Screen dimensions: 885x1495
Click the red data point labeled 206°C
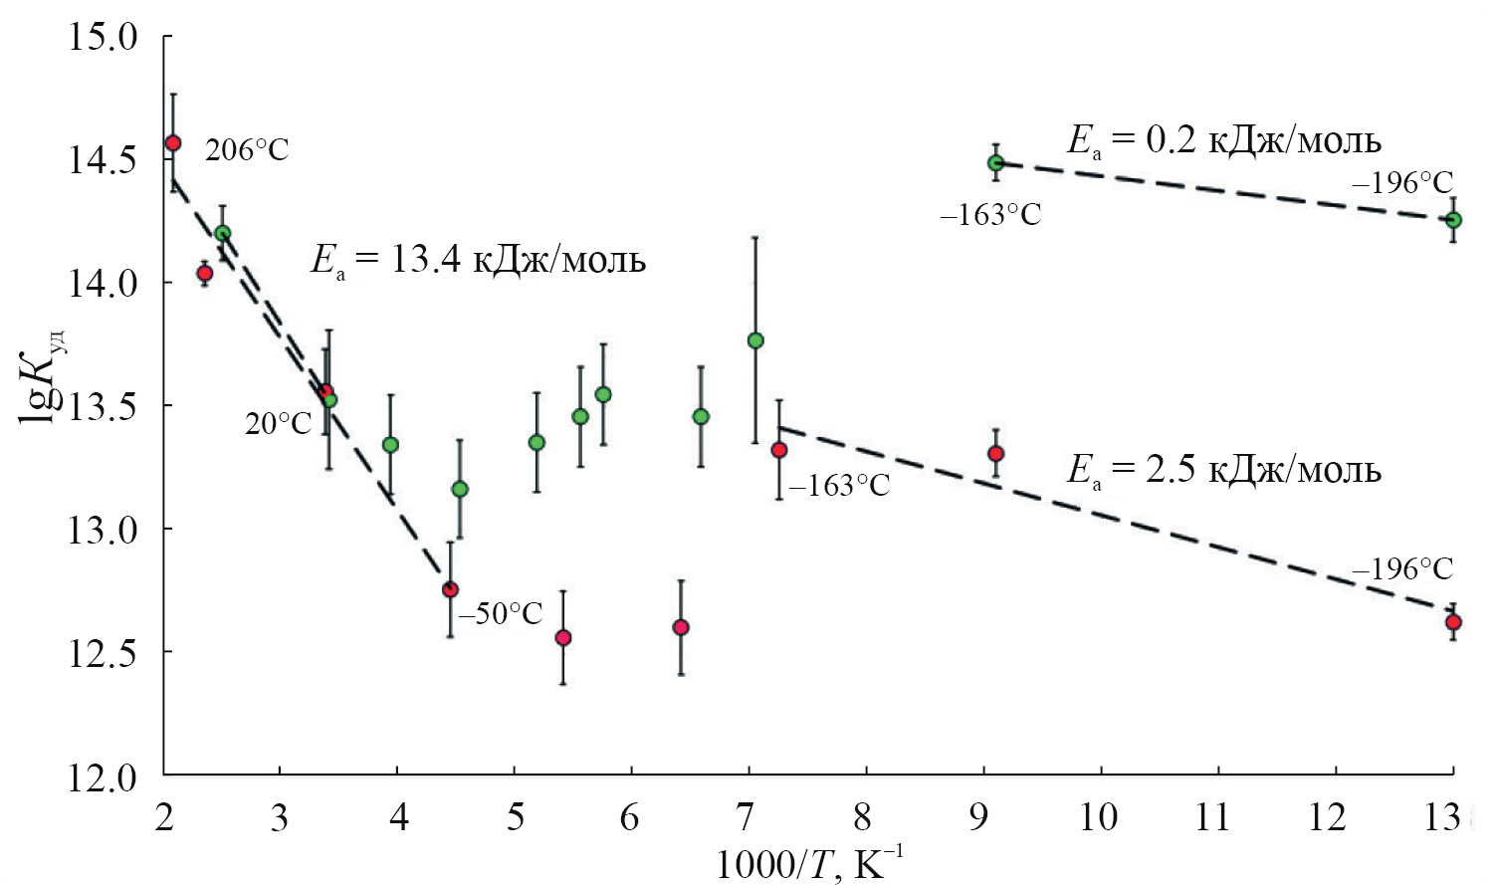[x=172, y=142]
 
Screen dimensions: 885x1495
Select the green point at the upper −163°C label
[x=995, y=162]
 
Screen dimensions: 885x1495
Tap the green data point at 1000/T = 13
[x=1453, y=219]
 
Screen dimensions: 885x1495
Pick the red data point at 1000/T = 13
[x=1453, y=622]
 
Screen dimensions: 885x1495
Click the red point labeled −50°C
[x=450, y=589]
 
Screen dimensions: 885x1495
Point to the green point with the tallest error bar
[x=755, y=340]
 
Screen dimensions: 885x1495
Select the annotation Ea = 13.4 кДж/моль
[x=479, y=261]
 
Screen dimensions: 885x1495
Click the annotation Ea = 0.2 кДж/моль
[x=1223, y=140]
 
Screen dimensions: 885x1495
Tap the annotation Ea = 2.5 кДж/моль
[x=1223, y=469]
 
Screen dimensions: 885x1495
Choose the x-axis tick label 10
[x=1098, y=818]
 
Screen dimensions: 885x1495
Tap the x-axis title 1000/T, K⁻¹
[x=810, y=862]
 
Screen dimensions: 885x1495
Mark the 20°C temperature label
[x=279, y=424]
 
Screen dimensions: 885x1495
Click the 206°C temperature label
[x=247, y=150]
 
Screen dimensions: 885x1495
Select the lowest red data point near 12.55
[x=562, y=637]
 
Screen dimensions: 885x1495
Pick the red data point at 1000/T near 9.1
[x=995, y=453]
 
